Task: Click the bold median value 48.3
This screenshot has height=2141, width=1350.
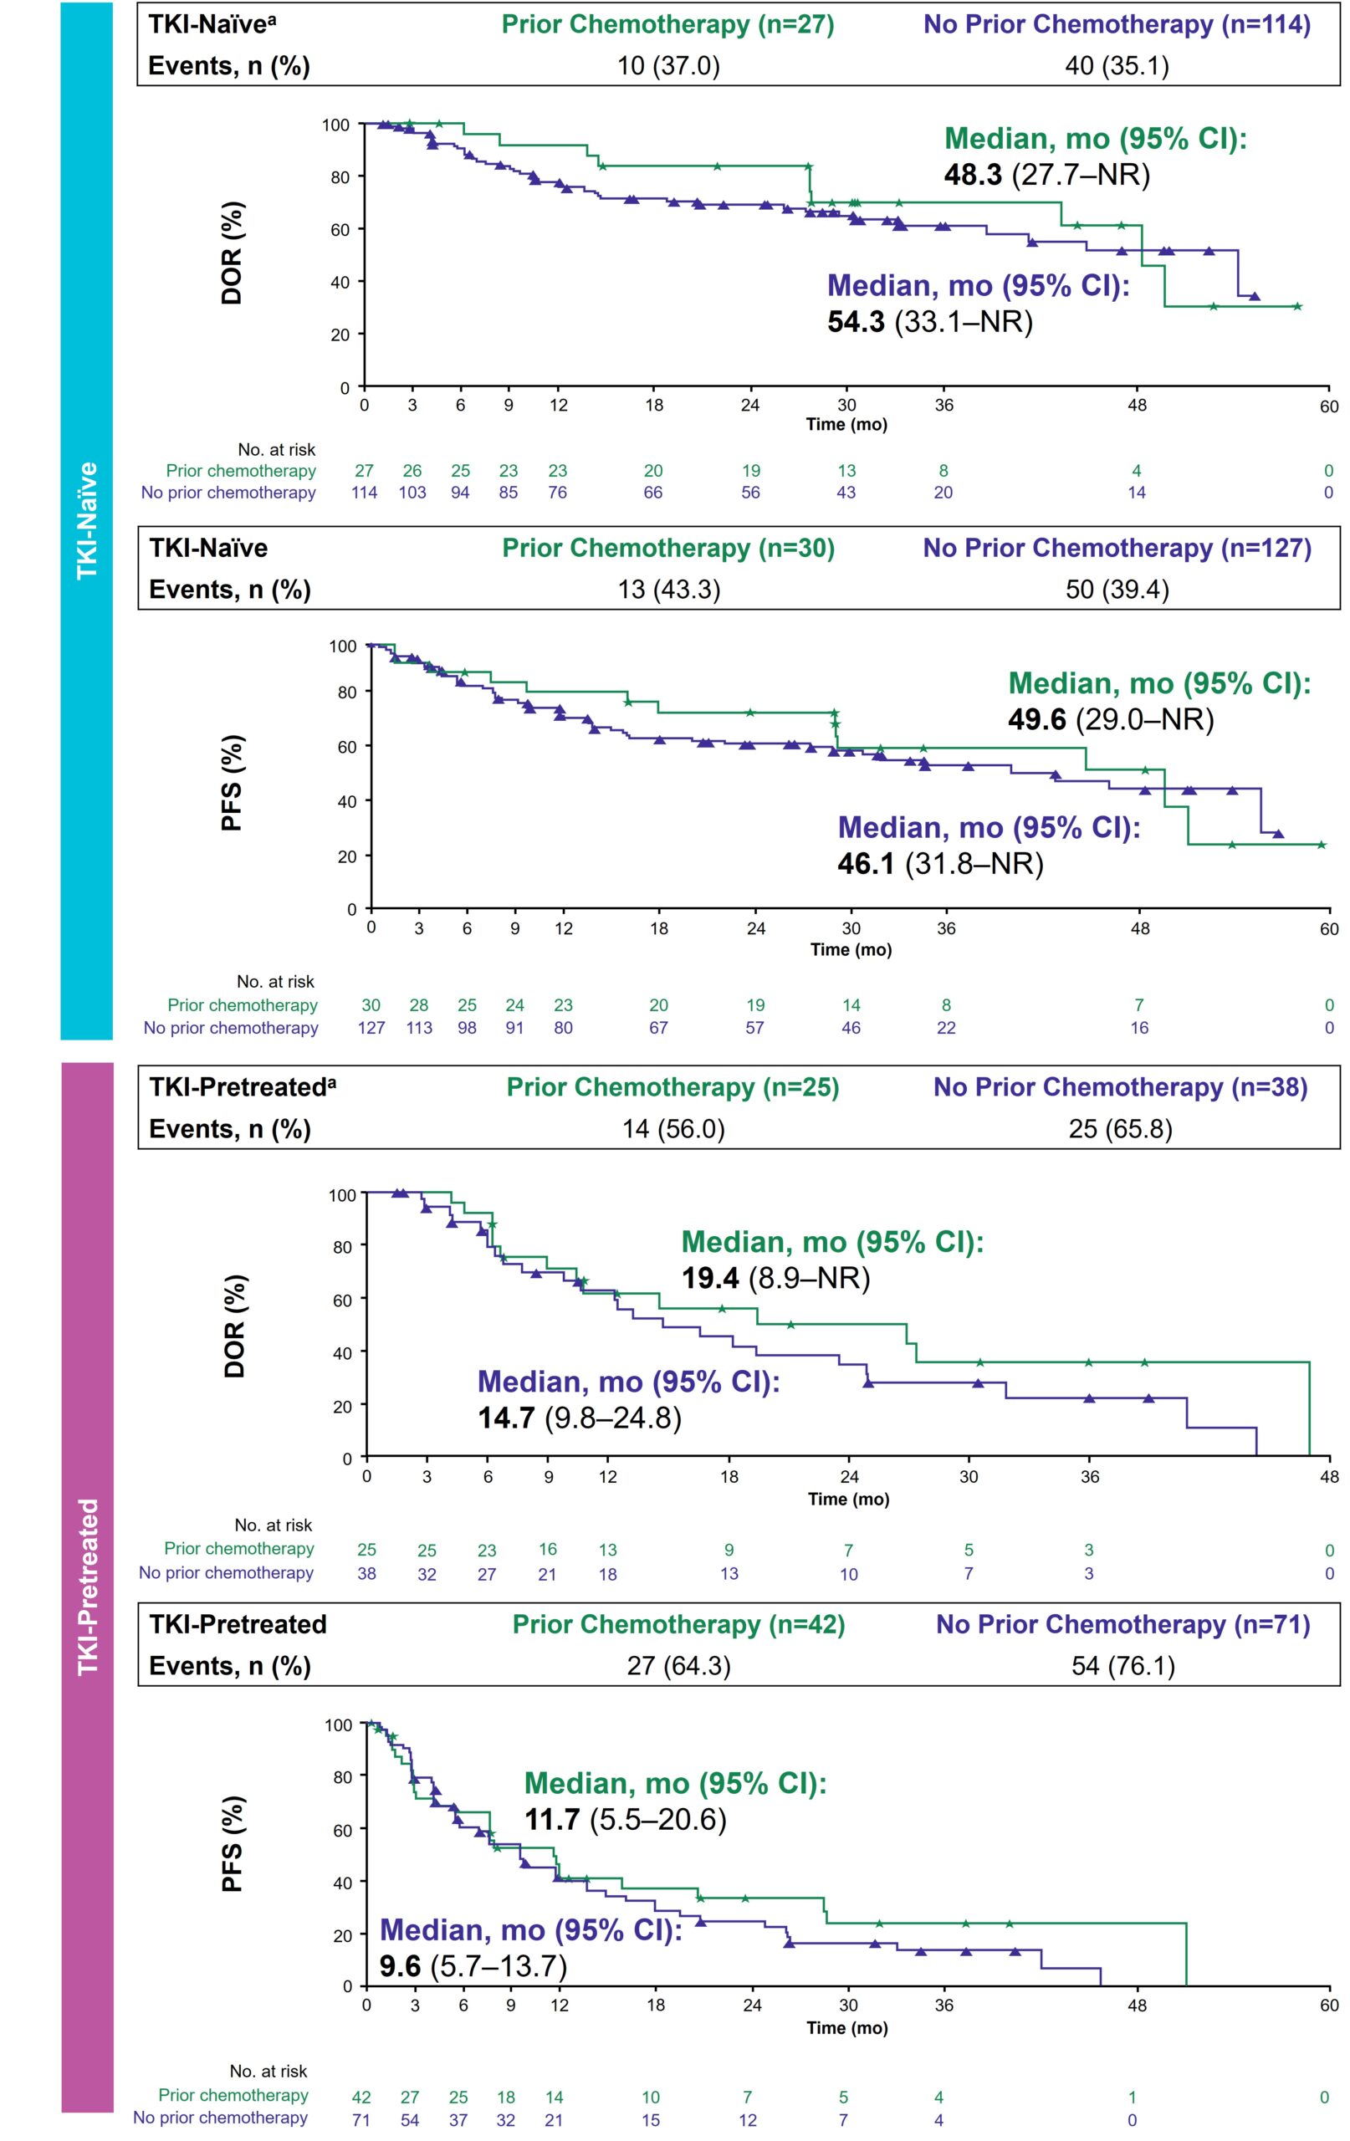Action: (973, 174)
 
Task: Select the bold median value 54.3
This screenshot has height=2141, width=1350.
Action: (856, 321)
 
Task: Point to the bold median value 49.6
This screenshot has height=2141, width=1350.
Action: (1037, 719)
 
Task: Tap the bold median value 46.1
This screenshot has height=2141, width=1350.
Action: (867, 863)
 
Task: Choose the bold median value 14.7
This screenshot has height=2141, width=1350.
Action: (506, 1418)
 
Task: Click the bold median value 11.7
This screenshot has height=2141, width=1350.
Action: (552, 1819)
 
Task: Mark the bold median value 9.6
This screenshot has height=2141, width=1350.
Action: (400, 1966)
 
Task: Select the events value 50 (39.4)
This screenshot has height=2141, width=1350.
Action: (1117, 590)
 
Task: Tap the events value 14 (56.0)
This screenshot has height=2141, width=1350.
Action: (673, 1129)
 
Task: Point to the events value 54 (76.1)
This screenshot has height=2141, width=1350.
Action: (1123, 1665)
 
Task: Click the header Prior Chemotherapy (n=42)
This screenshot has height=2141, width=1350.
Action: (678, 1624)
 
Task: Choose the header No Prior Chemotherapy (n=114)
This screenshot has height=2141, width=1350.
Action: (1117, 24)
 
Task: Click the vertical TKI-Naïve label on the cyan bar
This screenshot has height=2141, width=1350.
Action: (87, 520)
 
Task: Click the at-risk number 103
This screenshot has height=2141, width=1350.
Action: (412, 493)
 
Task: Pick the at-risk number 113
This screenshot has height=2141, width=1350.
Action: (419, 1028)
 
